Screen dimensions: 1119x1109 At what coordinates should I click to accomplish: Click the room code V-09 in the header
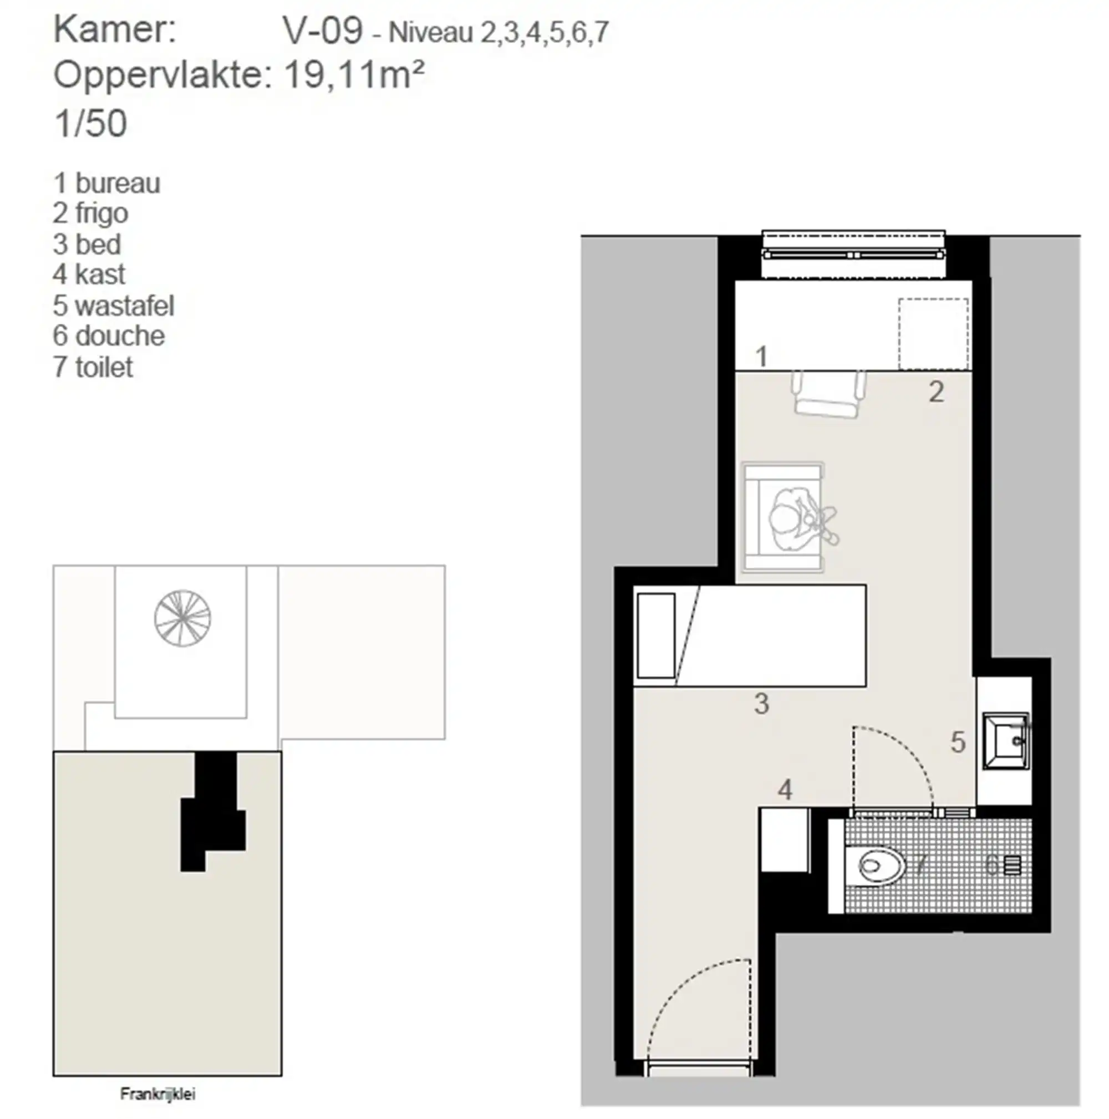tap(322, 30)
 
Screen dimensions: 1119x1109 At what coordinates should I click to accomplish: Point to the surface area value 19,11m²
tap(354, 76)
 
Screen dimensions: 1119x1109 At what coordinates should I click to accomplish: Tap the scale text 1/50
tap(90, 123)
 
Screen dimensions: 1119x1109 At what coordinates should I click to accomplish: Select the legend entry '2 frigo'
tap(90, 213)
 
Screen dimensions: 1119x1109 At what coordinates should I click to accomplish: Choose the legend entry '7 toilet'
tap(93, 367)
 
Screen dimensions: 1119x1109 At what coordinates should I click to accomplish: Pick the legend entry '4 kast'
tap(89, 274)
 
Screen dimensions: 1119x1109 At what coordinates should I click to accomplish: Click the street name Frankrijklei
tap(157, 1094)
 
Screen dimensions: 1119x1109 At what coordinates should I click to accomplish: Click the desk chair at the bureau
tap(830, 394)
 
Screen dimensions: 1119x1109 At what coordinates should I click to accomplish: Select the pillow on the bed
tap(655, 635)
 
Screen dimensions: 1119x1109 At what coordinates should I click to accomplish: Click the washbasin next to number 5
tap(1006, 741)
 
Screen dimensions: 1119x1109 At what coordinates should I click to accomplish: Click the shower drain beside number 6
tap(1013, 866)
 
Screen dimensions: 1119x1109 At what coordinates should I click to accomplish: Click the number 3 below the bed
tap(761, 704)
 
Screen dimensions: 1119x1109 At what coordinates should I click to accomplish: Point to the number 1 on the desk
tap(761, 356)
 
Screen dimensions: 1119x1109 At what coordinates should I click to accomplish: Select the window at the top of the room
tap(853, 255)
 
